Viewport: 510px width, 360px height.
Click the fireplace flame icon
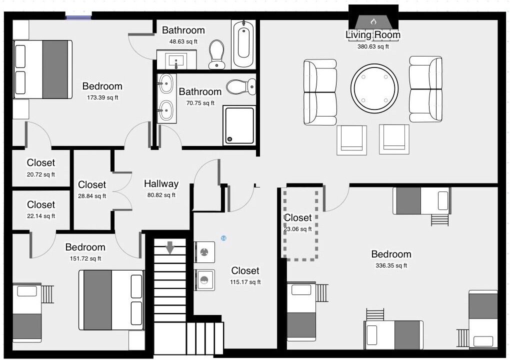(373, 22)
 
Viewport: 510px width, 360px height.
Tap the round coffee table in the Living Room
(374, 88)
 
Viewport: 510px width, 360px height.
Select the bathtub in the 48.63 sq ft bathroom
(243, 44)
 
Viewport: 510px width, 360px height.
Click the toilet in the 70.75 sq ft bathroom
(241, 87)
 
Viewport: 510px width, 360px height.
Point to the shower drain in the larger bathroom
(230, 139)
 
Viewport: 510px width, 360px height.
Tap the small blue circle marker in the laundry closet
(223, 238)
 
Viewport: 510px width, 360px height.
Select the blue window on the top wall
(78, 16)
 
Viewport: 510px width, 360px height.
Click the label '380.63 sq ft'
(373, 46)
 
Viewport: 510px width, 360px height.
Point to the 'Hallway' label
(161, 183)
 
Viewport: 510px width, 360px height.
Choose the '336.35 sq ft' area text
(391, 265)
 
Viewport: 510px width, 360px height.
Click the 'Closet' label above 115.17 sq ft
(245, 270)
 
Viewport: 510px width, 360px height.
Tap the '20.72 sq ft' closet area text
(41, 174)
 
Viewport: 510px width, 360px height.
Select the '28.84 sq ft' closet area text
(92, 196)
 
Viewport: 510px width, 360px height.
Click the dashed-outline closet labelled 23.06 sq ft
(300, 224)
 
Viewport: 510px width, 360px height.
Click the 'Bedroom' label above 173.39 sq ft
(102, 86)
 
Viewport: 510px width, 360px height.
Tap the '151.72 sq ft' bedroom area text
(85, 258)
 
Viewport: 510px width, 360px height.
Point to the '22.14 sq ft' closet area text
(41, 216)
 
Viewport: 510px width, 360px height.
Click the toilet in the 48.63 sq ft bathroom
(216, 54)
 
